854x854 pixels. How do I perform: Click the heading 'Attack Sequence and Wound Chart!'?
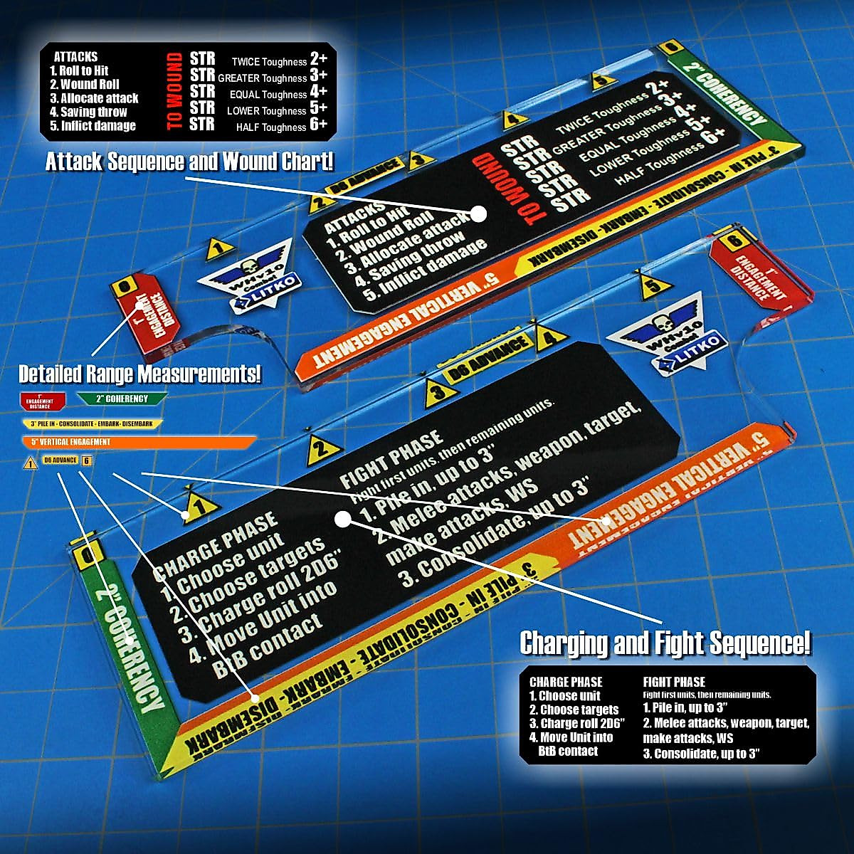pos(189,162)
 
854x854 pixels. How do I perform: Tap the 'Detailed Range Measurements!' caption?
pos(139,373)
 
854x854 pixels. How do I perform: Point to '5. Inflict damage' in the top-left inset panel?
pos(93,126)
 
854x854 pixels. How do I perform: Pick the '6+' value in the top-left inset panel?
pos(318,125)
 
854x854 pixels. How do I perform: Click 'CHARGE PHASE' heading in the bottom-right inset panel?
pos(566,682)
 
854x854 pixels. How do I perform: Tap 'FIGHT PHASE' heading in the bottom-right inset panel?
pos(674,682)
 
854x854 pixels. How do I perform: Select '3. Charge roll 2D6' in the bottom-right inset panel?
pos(576,723)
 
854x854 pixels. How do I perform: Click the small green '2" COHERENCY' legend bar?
pos(122,399)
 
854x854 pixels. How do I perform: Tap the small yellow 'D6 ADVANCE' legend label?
pos(60,460)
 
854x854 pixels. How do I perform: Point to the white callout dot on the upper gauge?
pos(478,213)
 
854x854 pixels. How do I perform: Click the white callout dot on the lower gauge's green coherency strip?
pos(129,640)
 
